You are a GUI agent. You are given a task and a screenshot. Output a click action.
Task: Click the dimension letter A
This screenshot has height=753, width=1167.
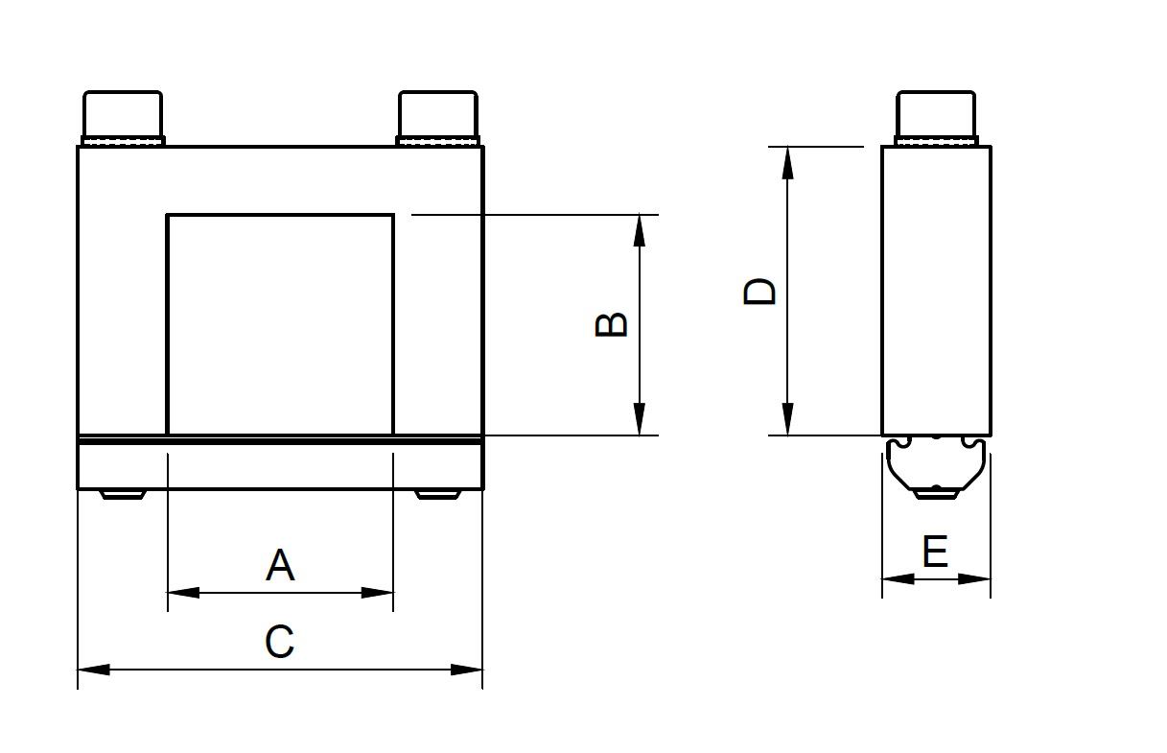tap(280, 564)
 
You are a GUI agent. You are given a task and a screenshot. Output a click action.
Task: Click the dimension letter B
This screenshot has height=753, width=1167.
tap(611, 324)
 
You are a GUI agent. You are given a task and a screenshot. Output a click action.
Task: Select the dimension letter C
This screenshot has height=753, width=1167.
tap(280, 641)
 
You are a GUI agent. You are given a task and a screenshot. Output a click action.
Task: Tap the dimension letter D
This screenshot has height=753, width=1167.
tap(759, 292)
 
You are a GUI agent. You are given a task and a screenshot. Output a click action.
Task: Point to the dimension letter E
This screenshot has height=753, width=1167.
tap(935, 551)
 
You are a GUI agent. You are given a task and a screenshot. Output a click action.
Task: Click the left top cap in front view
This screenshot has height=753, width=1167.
tap(123, 118)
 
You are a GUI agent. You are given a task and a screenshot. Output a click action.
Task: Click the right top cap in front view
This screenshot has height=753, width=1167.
tap(438, 118)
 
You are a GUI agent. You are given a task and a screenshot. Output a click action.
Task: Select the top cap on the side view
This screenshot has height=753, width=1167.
tap(936, 118)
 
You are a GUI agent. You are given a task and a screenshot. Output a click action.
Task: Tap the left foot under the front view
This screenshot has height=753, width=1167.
tap(123, 495)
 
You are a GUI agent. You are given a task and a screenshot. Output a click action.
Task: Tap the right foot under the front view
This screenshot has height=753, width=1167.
tap(437, 495)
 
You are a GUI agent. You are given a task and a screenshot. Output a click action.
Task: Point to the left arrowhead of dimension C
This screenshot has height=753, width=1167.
tap(94, 670)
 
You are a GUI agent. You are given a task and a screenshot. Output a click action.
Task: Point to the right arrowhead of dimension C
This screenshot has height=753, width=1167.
tap(467, 670)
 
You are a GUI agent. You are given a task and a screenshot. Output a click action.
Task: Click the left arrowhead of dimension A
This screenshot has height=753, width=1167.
tap(183, 593)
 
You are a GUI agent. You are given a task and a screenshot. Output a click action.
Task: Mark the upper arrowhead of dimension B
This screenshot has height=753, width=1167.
tap(640, 230)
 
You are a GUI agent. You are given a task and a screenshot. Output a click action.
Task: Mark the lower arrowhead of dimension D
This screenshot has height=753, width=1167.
tap(787, 419)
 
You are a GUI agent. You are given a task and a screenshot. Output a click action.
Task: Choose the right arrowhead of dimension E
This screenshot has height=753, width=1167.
tap(974, 579)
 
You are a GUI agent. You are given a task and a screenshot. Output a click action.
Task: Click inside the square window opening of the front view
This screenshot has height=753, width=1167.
tap(280, 324)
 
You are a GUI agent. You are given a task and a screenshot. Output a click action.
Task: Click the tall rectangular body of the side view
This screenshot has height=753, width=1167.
tap(936, 291)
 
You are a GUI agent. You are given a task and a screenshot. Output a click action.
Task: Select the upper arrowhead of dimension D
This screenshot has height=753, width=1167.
tap(787, 162)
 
